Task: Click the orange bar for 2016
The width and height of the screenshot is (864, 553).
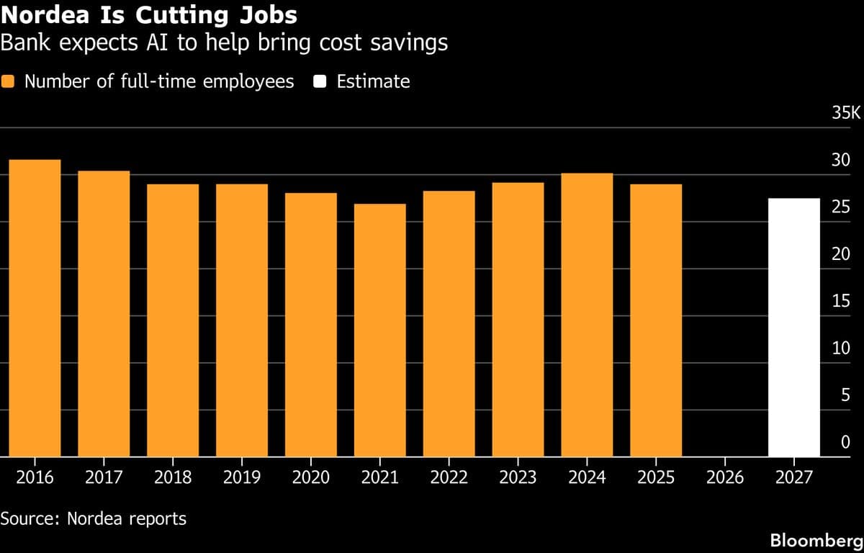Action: pos(35,308)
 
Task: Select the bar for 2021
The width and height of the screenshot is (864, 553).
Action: pos(379,330)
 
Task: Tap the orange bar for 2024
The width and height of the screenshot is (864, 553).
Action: pos(587,315)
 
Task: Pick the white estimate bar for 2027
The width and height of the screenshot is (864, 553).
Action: pos(794,328)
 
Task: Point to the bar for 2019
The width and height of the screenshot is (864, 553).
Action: pos(242,320)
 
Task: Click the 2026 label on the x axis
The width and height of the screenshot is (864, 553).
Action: pos(725,477)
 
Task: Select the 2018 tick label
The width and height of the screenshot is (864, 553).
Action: pos(173,477)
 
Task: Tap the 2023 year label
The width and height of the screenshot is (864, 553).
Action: pos(518,477)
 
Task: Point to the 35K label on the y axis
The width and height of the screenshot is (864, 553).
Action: pos(846,113)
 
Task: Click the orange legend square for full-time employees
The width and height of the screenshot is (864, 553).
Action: pos(8,81)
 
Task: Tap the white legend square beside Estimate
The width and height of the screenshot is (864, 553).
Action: pos(321,81)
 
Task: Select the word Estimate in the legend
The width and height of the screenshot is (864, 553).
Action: pos(373,81)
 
